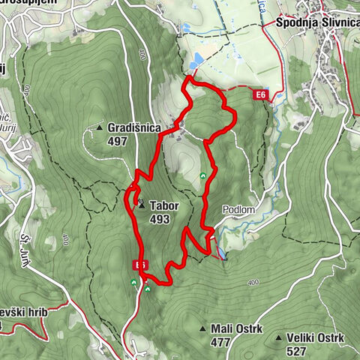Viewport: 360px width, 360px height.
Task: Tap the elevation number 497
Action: [118, 140]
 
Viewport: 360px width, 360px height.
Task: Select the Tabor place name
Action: [163, 205]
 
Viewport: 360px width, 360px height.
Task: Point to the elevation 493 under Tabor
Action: [159, 219]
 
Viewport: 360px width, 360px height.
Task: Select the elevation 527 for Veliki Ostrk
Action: [296, 350]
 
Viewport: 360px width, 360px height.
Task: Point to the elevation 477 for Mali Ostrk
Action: [220, 342]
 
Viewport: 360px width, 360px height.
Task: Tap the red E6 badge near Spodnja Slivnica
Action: [260, 95]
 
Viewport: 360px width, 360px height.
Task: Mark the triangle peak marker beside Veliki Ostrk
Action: [278, 339]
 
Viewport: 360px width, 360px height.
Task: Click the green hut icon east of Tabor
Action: [203, 176]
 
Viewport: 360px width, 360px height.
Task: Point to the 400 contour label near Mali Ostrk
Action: [252, 282]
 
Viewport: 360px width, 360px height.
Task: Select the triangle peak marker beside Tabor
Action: [141, 204]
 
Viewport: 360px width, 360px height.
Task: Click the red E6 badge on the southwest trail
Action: [139, 265]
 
